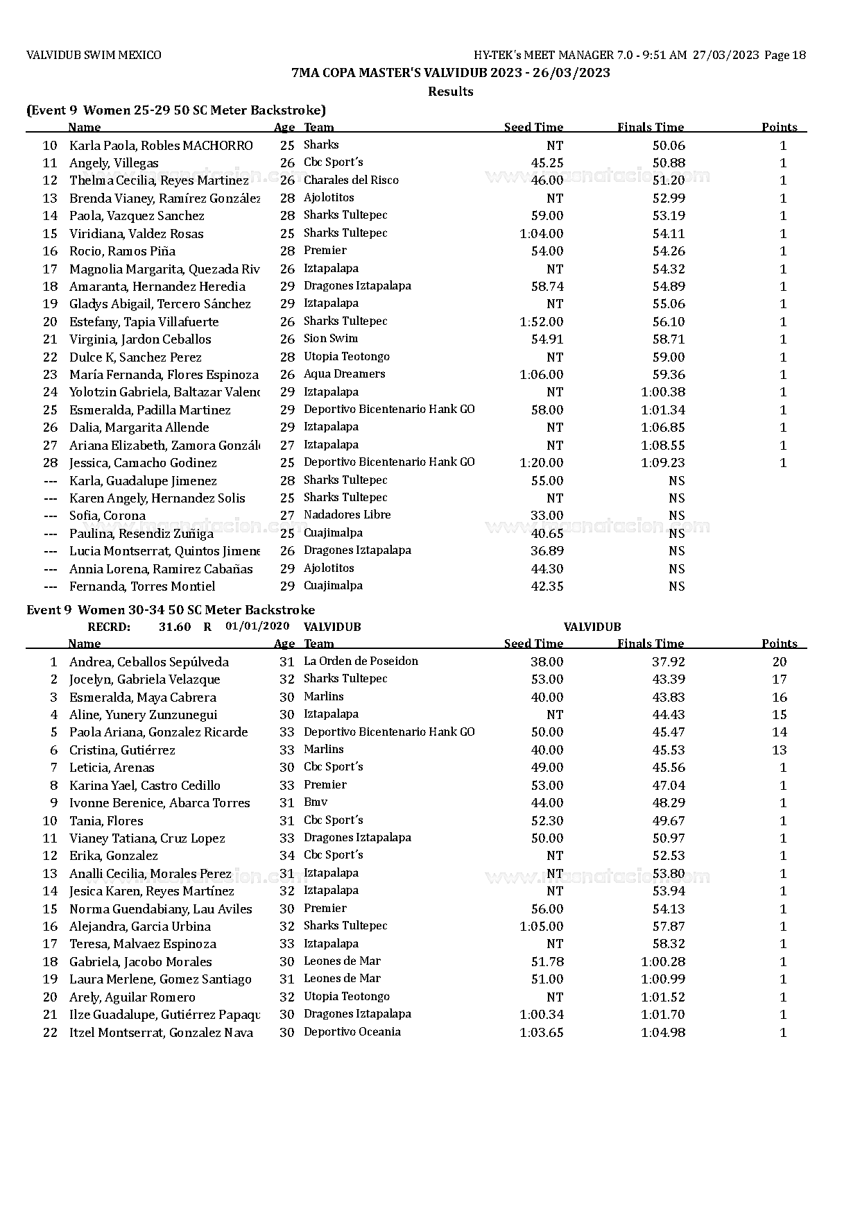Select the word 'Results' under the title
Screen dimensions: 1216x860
[x=450, y=92]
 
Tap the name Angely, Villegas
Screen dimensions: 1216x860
[x=114, y=163]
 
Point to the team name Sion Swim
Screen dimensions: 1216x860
[x=331, y=339]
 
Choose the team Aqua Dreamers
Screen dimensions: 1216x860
[x=344, y=374]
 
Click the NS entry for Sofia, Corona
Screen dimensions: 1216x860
[x=676, y=516]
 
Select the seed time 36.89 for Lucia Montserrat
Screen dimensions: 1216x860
[x=547, y=551]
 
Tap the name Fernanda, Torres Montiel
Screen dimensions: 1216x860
[x=142, y=586]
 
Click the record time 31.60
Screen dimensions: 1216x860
[x=174, y=627]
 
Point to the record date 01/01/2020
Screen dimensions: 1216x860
[x=257, y=626]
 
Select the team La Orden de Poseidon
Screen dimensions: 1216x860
[x=361, y=661]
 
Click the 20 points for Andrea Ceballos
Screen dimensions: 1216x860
[x=779, y=662]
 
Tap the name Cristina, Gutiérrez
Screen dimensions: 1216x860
[x=122, y=750]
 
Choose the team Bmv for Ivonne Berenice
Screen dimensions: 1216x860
[x=316, y=802]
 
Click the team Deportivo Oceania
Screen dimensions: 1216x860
[x=352, y=1032]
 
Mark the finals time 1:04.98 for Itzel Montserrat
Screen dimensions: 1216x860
[x=662, y=1033]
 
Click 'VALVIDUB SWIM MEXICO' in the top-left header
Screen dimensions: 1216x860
[x=94, y=55]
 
